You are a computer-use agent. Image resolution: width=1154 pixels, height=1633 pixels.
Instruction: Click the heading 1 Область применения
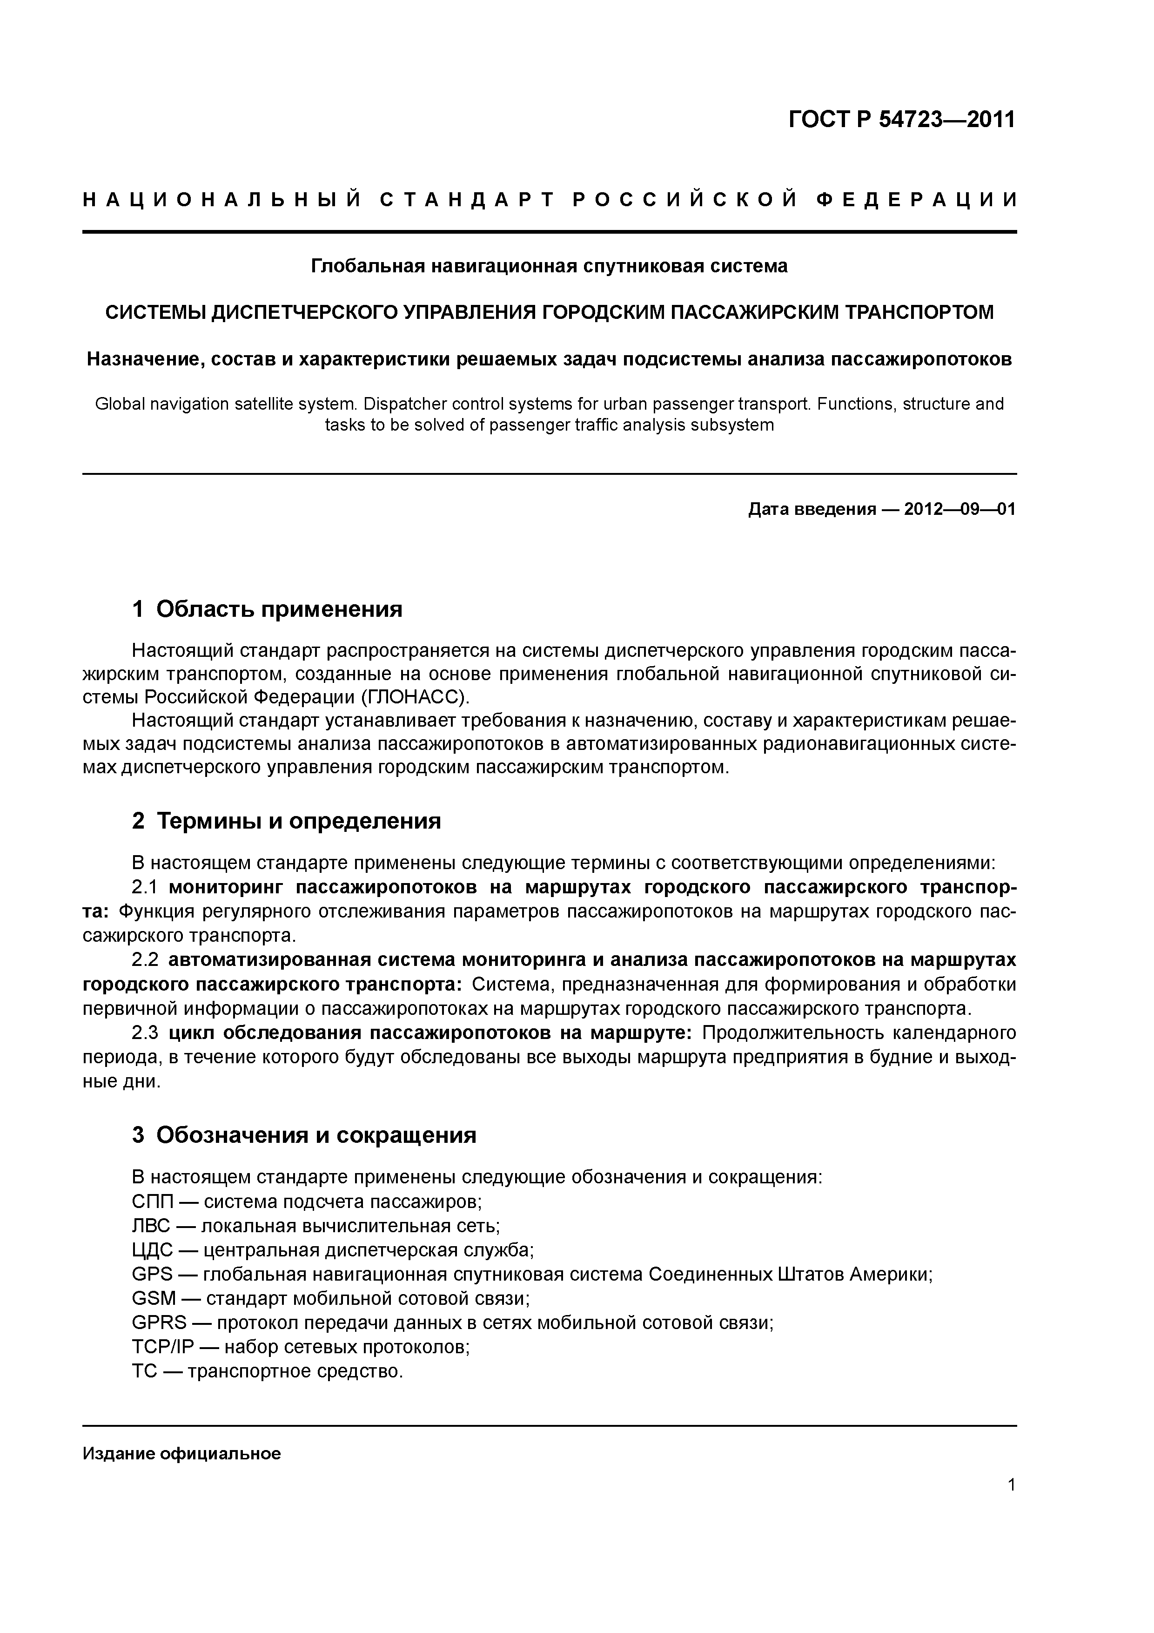(268, 609)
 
